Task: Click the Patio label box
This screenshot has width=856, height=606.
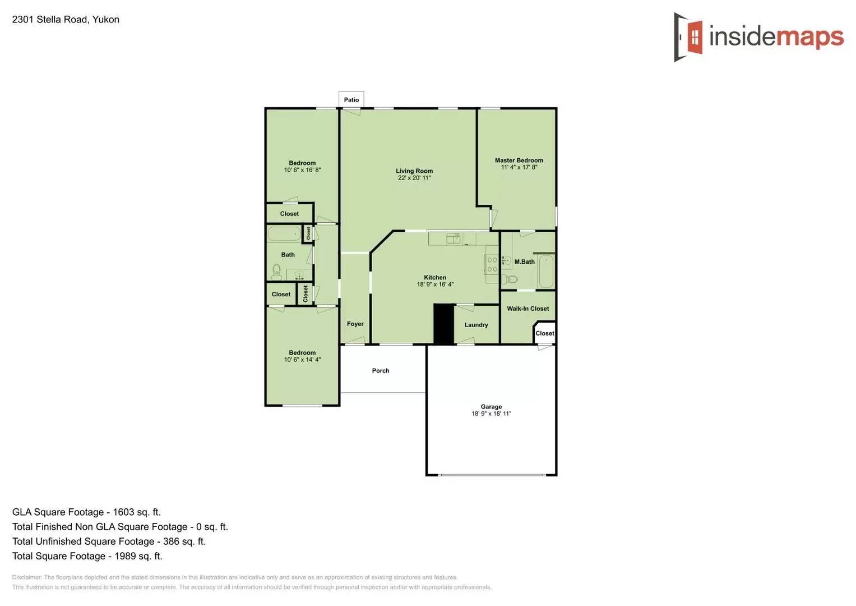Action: pos(351,99)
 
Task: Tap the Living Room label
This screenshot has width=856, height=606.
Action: pos(414,171)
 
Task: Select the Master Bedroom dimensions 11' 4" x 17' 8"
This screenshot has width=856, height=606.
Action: pos(519,167)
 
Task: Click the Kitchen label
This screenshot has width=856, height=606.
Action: pos(435,277)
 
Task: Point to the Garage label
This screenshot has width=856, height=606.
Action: pos(491,407)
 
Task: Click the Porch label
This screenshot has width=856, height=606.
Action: pos(381,370)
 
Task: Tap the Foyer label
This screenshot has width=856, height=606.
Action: pos(355,324)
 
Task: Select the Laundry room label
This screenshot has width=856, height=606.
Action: pos(476,325)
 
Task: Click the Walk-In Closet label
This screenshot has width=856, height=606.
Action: pos(528,309)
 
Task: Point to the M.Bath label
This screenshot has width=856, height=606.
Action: pos(525,262)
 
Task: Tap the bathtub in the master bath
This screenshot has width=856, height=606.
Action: pos(546,272)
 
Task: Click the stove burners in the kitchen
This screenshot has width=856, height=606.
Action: pos(492,264)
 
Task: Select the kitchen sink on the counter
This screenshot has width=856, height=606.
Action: pos(453,239)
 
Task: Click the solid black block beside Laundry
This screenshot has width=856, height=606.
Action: pos(443,324)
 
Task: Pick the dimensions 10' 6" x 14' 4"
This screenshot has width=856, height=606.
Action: pos(302,360)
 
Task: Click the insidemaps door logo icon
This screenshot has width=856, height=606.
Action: pos(689,37)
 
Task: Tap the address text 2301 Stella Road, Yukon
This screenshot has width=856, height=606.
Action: pos(66,20)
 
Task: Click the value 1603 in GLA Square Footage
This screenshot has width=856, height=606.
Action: pos(123,512)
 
